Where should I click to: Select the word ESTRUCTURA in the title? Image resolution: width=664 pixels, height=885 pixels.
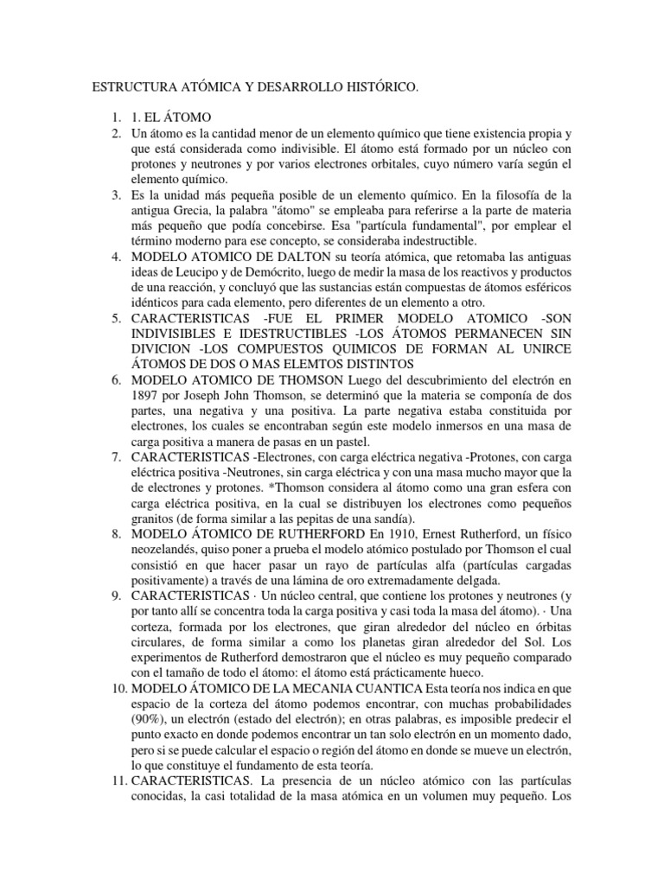click(x=131, y=87)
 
